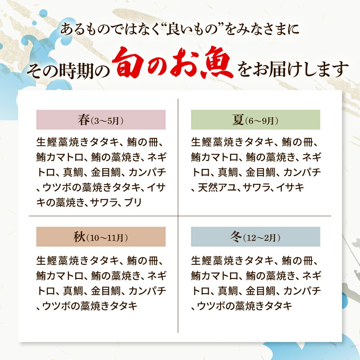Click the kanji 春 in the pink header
[x=84, y=120]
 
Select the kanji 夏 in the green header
[x=238, y=120]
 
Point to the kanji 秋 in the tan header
[x=80, y=237]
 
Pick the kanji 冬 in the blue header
[x=236, y=237]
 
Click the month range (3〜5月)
[x=107, y=121]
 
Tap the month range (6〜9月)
[x=261, y=121]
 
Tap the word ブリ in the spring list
[x=133, y=202]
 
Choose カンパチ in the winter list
[x=302, y=291]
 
